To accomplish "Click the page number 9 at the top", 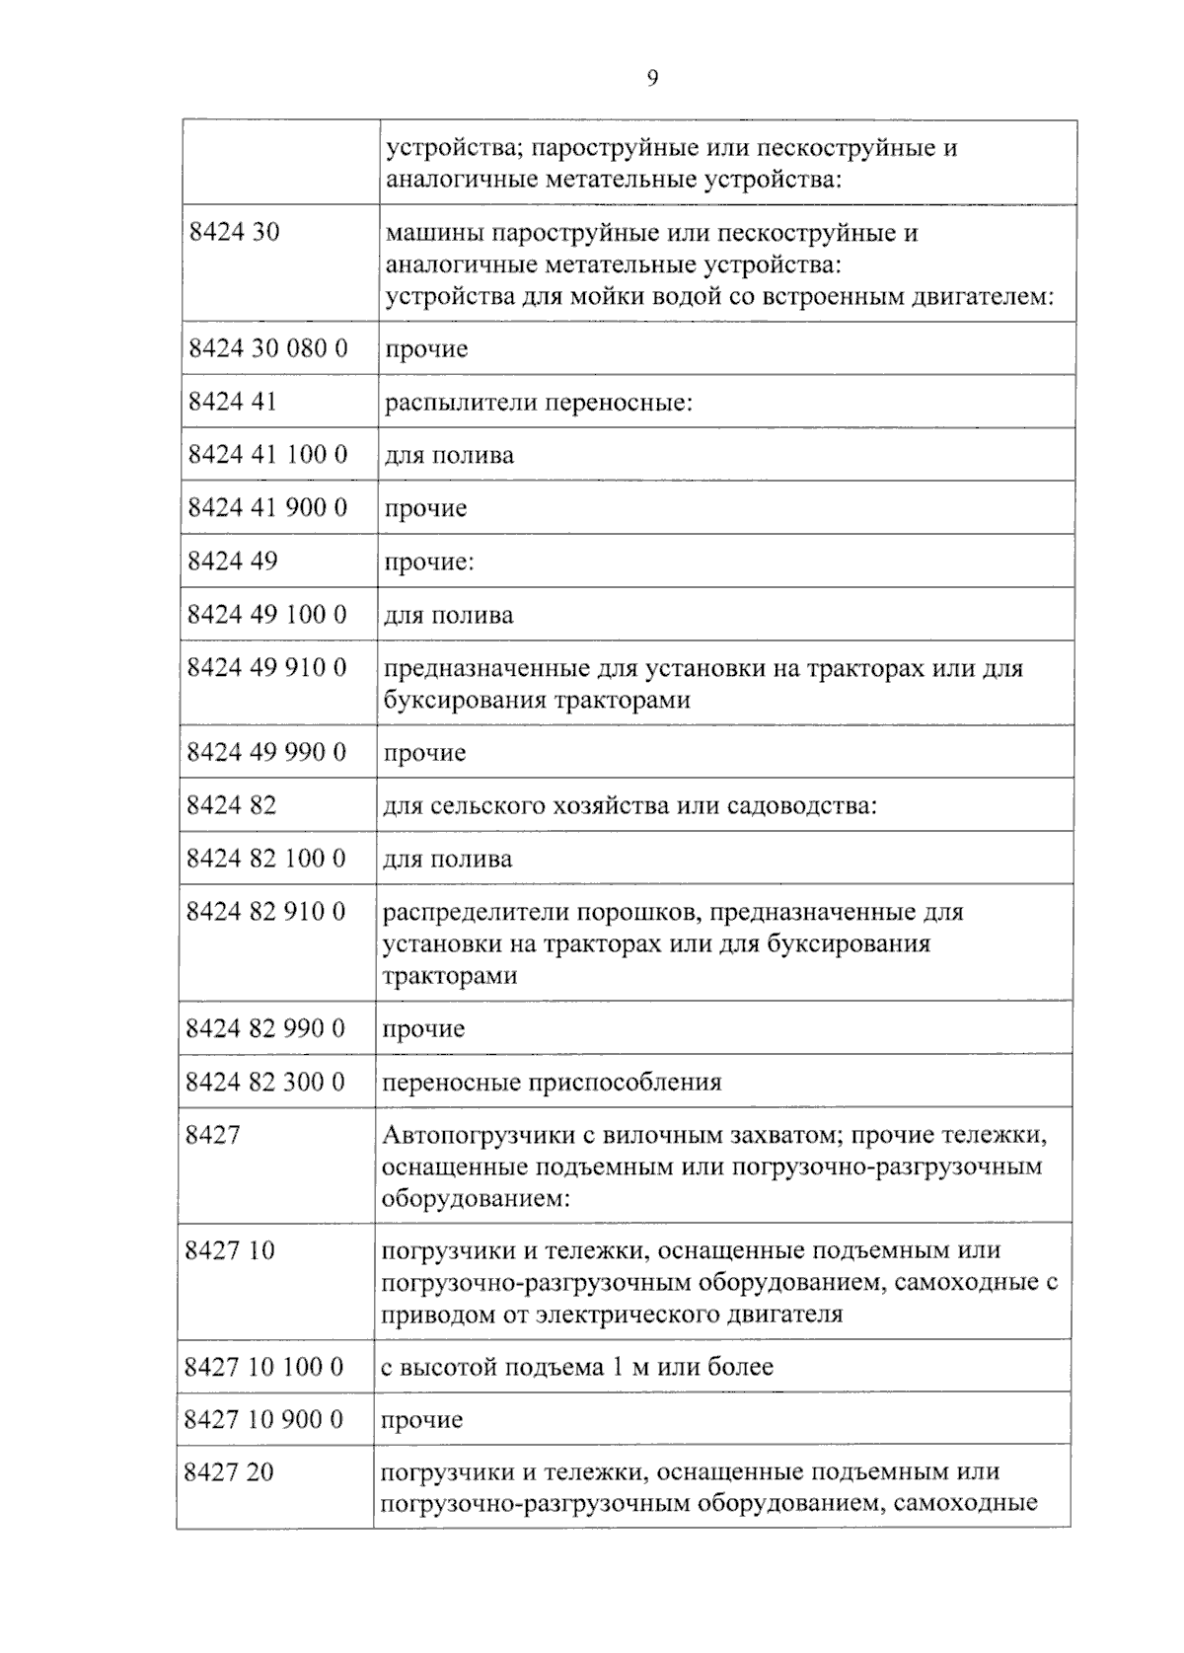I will [x=652, y=79].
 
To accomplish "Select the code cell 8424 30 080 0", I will [x=267, y=348].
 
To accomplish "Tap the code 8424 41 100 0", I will [x=267, y=455].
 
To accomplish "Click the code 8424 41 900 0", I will [x=267, y=508].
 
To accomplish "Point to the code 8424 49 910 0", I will [x=267, y=668].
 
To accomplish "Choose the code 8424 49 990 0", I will [x=267, y=752].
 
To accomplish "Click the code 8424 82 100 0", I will [x=266, y=859].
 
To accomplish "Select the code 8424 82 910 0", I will [x=266, y=912].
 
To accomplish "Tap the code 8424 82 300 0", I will [x=265, y=1083].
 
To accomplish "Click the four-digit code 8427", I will [x=213, y=1135].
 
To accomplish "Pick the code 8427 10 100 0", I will [x=264, y=1367].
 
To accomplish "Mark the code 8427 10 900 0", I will [x=264, y=1420].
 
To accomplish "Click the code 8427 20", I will [x=230, y=1472].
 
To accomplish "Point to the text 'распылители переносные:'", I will [x=538, y=403].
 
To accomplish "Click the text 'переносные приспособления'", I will [x=552, y=1083].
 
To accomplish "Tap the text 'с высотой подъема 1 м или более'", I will [x=577, y=1367].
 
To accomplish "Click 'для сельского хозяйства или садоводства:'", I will [x=629, y=805].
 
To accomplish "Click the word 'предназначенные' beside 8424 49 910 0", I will [x=486, y=669].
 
